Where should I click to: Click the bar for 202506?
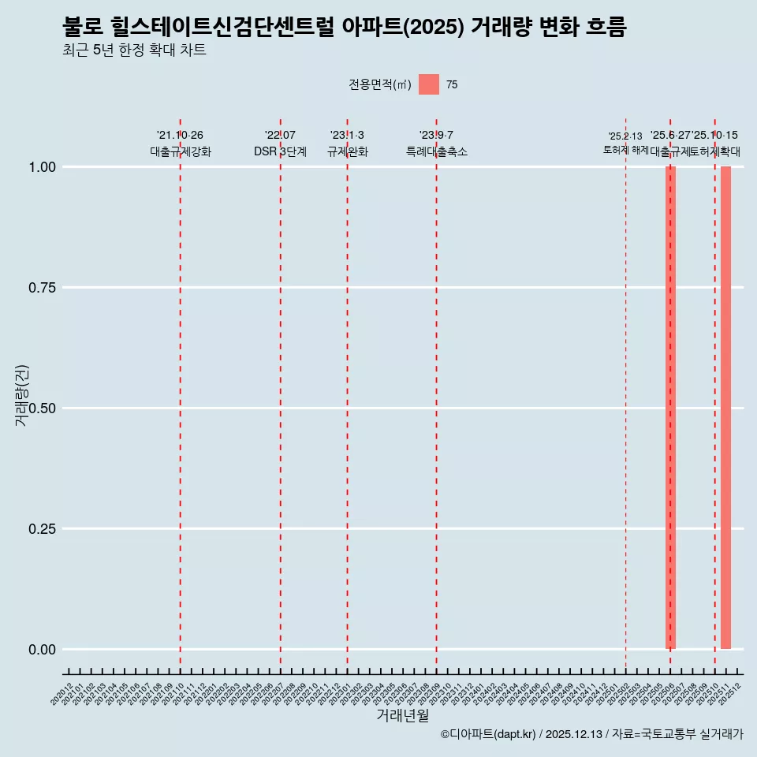pos(670,408)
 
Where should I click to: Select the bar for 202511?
pos(725,408)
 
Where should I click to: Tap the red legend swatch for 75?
pos(428,84)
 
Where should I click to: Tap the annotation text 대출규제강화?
pos(181,151)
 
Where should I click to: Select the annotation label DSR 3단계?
pos(280,151)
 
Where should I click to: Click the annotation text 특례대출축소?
pos(437,151)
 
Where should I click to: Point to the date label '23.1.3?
pos(347,136)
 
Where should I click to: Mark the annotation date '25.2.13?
pos(625,136)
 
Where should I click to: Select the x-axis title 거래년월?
pos(402,716)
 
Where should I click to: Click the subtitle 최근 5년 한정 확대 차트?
pos(134,50)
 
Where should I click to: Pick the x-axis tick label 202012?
pos(62,695)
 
